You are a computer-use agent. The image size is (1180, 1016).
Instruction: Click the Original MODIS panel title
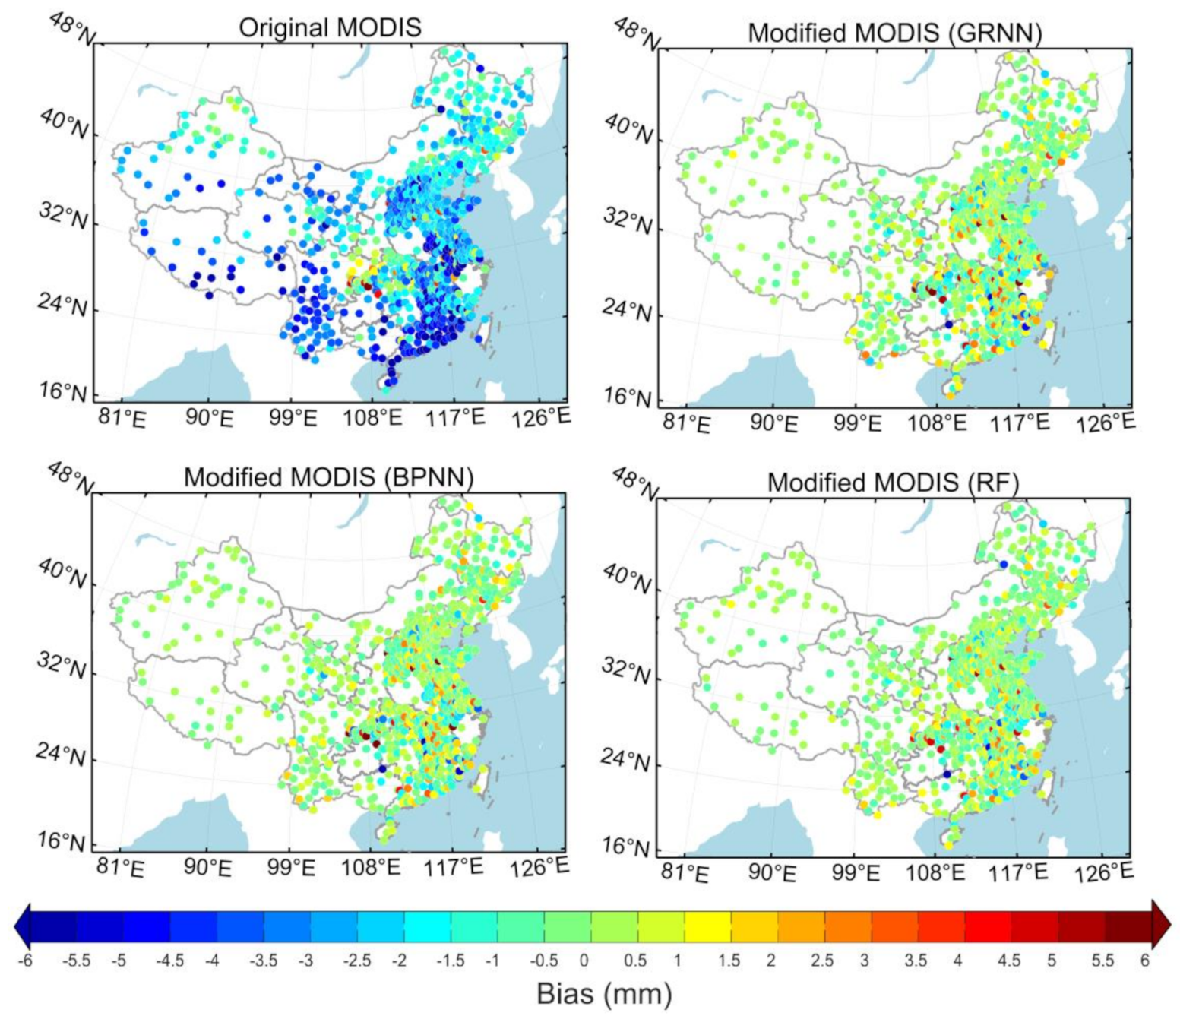coord(329,27)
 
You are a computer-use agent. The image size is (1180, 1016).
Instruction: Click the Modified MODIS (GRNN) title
coord(894,33)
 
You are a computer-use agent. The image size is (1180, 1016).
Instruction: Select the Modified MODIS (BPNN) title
coord(328,477)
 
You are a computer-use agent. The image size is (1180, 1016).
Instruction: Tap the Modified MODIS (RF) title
coord(893,483)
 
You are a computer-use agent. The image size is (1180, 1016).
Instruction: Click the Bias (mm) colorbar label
coord(604,993)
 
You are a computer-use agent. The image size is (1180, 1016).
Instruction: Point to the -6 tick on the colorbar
coord(26,961)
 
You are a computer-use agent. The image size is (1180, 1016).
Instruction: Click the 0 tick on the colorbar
coord(584,961)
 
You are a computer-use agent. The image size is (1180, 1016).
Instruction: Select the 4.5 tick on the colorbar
coord(1008,961)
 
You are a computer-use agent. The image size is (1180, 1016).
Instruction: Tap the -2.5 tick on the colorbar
coord(356,961)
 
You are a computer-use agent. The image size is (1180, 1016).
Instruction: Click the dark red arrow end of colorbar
coord(1162,925)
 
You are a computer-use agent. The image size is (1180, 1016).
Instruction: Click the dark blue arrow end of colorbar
coord(22,925)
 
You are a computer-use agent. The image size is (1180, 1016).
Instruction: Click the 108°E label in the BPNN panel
coord(371,867)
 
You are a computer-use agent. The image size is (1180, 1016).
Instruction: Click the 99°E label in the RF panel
coord(856,872)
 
